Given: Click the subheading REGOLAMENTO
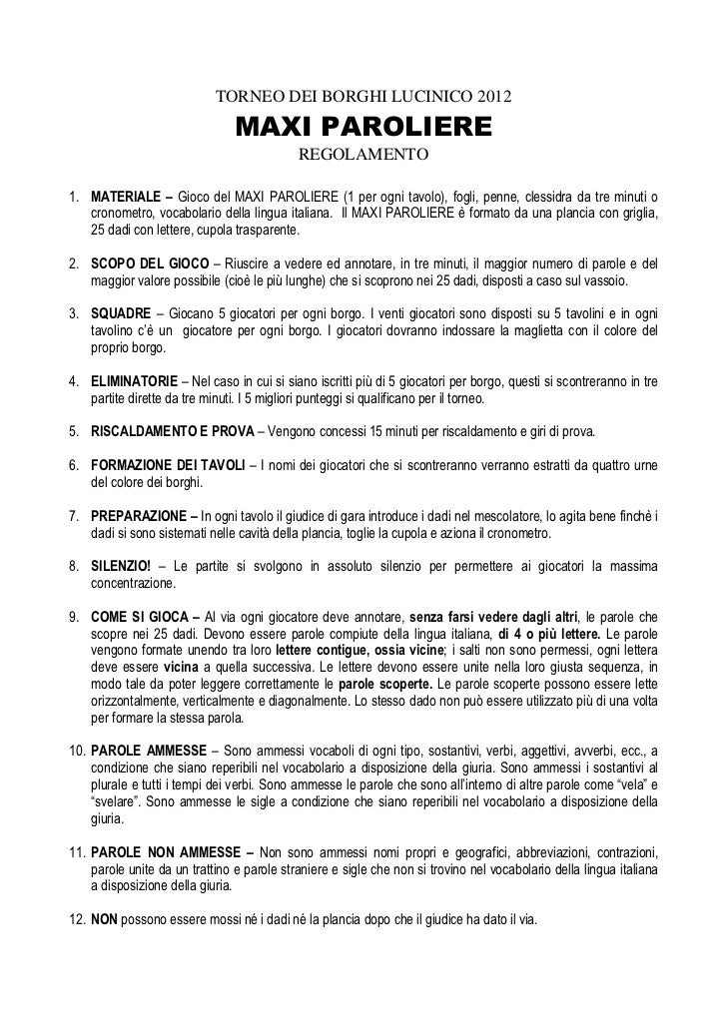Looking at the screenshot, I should point(363,156).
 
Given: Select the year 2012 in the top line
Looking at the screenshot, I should point(492,99).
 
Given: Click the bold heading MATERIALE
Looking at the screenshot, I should point(125,193).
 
